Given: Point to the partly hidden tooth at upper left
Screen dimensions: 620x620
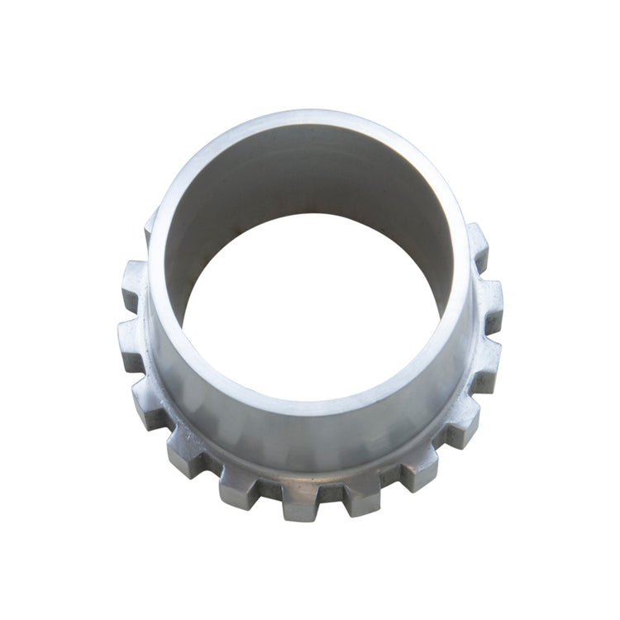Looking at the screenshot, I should click(150, 227).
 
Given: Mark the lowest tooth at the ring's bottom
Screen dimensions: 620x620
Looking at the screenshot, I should click(300, 500).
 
